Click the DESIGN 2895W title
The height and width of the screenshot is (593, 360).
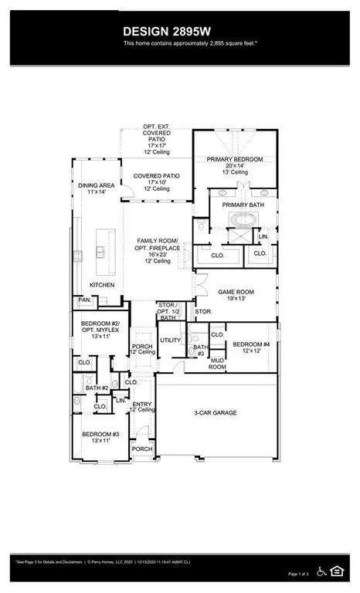coord(179,31)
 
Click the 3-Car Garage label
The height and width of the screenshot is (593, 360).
coord(215,413)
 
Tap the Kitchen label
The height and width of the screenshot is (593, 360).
coord(101,285)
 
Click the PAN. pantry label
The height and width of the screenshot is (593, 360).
coord(83,300)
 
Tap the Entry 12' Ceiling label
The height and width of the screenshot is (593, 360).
coord(142,406)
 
